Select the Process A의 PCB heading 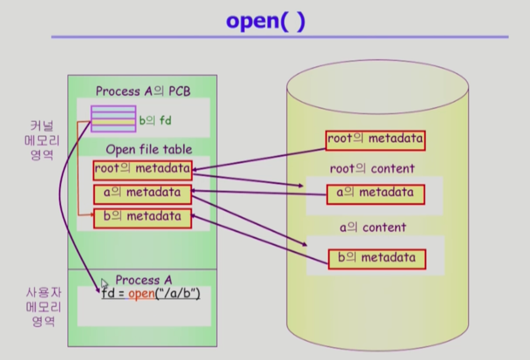click(x=143, y=91)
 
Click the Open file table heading click(x=149, y=150)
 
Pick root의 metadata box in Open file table click(x=143, y=170)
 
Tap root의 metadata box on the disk click(x=375, y=140)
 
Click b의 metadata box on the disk click(x=377, y=259)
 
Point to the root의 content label click(x=372, y=169)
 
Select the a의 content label click(x=373, y=227)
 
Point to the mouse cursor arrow click(x=104, y=283)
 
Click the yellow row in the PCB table click(x=113, y=121)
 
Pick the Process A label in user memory click(x=144, y=280)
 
